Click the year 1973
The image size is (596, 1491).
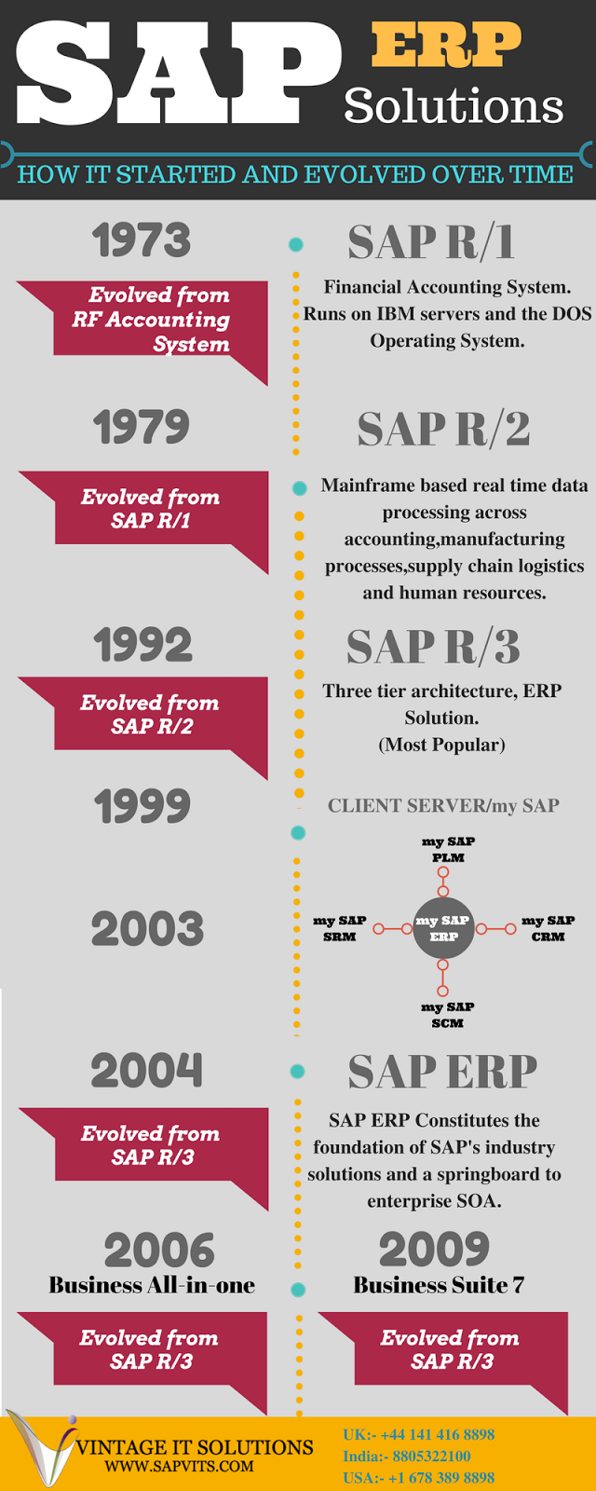(x=142, y=240)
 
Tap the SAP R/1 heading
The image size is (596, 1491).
(x=430, y=242)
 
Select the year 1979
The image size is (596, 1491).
(x=142, y=427)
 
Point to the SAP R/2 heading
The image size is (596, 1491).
(x=443, y=430)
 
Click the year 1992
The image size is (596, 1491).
(x=142, y=645)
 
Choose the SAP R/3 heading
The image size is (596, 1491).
(x=433, y=647)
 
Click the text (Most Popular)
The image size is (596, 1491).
(x=442, y=745)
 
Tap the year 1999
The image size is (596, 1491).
(x=142, y=806)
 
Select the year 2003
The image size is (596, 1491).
(x=147, y=929)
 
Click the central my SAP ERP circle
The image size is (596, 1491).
(x=443, y=928)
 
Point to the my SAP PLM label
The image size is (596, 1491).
(x=448, y=849)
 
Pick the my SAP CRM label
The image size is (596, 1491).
(x=548, y=928)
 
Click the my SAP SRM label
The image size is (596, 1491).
(x=339, y=928)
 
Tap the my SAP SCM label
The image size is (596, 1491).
(x=447, y=1015)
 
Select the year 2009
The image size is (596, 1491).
(x=434, y=1250)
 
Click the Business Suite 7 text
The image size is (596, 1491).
(x=439, y=1286)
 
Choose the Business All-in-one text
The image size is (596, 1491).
(x=152, y=1286)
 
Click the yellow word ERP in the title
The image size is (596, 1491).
(x=446, y=45)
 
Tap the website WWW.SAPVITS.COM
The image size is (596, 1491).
(x=179, y=1466)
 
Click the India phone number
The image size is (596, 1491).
(x=406, y=1456)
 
